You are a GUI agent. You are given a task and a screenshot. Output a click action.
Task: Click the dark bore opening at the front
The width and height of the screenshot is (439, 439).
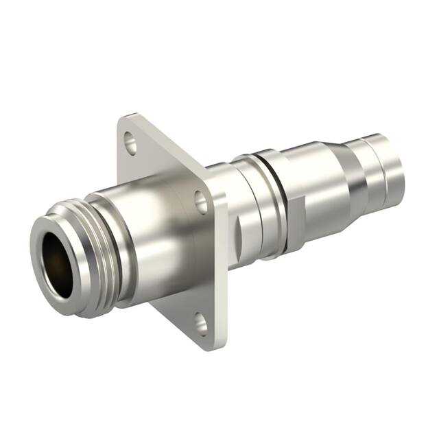click(59, 263)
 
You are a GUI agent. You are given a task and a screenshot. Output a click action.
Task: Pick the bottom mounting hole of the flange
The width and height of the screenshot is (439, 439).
click(200, 322)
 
